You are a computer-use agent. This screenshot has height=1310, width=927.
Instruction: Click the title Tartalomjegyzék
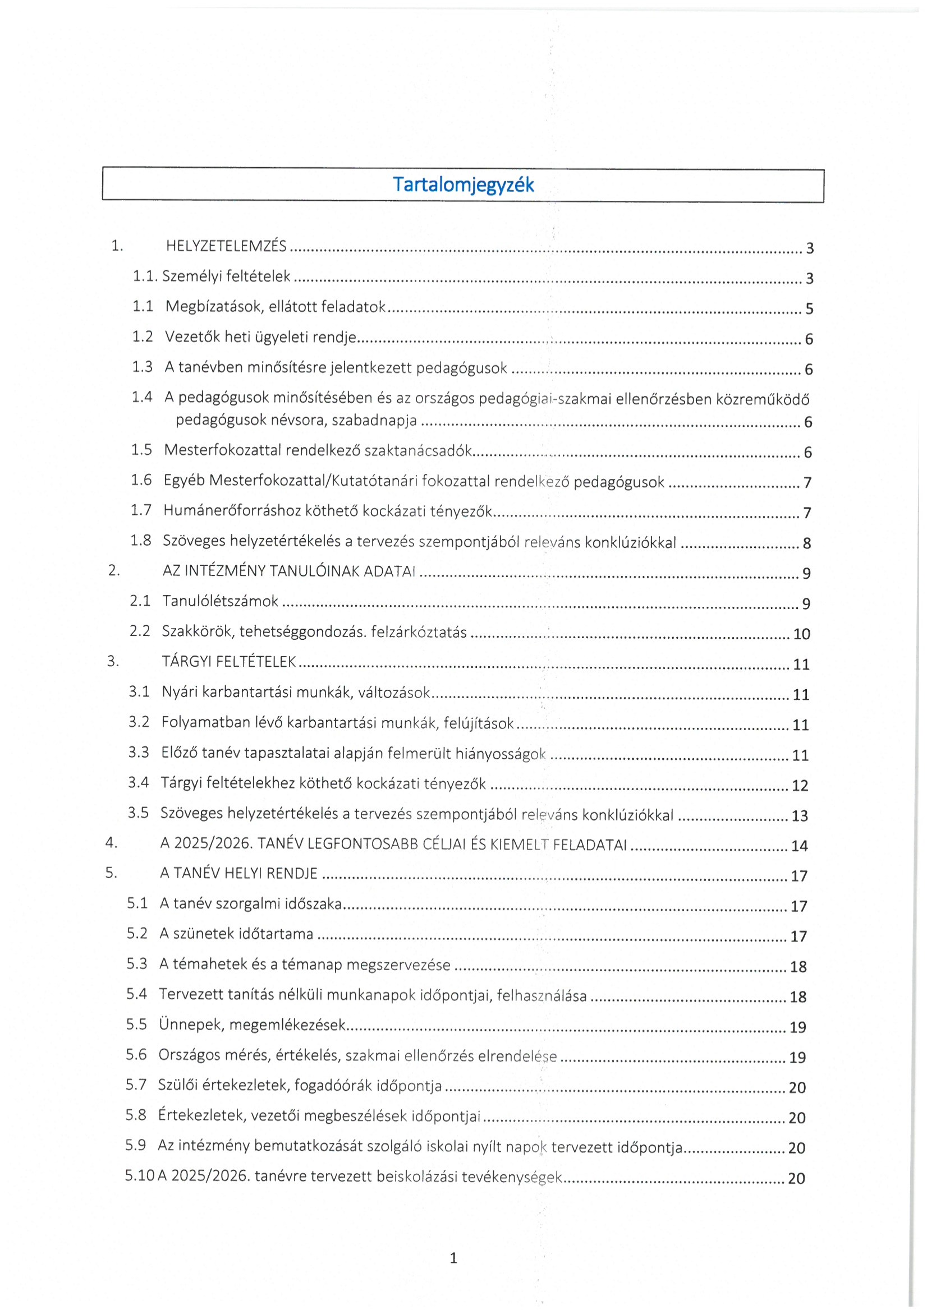pos(463,185)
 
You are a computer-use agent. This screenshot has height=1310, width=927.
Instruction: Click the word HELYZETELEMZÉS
pos(226,246)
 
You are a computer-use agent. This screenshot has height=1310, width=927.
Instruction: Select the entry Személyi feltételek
pos(226,276)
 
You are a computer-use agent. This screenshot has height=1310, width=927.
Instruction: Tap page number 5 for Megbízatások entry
pos(809,308)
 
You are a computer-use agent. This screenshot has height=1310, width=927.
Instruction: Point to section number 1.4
pos(142,397)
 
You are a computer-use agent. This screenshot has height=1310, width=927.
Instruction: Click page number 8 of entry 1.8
pos(806,543)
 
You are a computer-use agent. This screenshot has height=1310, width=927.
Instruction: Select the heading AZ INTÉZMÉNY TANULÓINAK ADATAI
pos(289,571)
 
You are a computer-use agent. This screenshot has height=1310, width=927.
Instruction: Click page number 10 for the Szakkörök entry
pos(801,634)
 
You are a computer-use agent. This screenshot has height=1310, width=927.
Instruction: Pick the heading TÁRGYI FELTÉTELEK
pos(229,661)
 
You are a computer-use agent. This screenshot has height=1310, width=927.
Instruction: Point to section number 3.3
pos(138,752)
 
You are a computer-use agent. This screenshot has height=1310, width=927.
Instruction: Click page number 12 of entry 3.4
pos(800,786)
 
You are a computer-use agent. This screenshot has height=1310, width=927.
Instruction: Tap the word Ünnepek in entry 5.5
pos(191,1025)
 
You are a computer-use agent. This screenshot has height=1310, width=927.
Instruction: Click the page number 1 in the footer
pos(454,1258)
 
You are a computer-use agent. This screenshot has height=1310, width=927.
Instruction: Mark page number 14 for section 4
pos(799,846)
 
